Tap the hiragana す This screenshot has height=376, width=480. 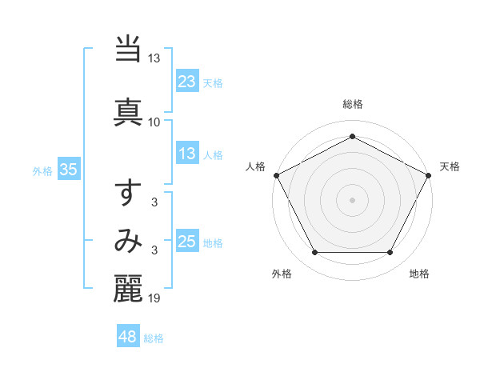pyautogui.click(x=129, y=194)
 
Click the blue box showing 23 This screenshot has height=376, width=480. pyautogui.click(x=187, y=81)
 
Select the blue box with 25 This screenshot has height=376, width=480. pyautogui.click(x=187, y=242)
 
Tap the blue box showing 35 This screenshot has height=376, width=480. pyautogui.click(x=69, y=170)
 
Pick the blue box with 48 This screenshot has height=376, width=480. pyautogui.click(x=128, y=337)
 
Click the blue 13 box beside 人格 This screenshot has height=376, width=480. pyautogui.click(x=187, y=154)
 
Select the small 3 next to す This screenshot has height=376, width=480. pyautogui.click(x=154, y=203)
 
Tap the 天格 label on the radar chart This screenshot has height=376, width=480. pyautogui.click(x=450, y=166)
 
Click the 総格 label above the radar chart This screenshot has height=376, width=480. pyautogui.click(x=353, y=104)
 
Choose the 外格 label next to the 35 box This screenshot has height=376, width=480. pyautogui.click(x=42, y=170)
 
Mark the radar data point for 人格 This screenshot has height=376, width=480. pyautogui.click(x=276, y=174)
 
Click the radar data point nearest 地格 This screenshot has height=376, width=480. pyautogui.click(x=390, y=253)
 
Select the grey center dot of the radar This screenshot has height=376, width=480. pyautogui.click(x=352, y=199)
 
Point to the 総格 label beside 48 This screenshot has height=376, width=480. pyautogui.click(x=154, y=338)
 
